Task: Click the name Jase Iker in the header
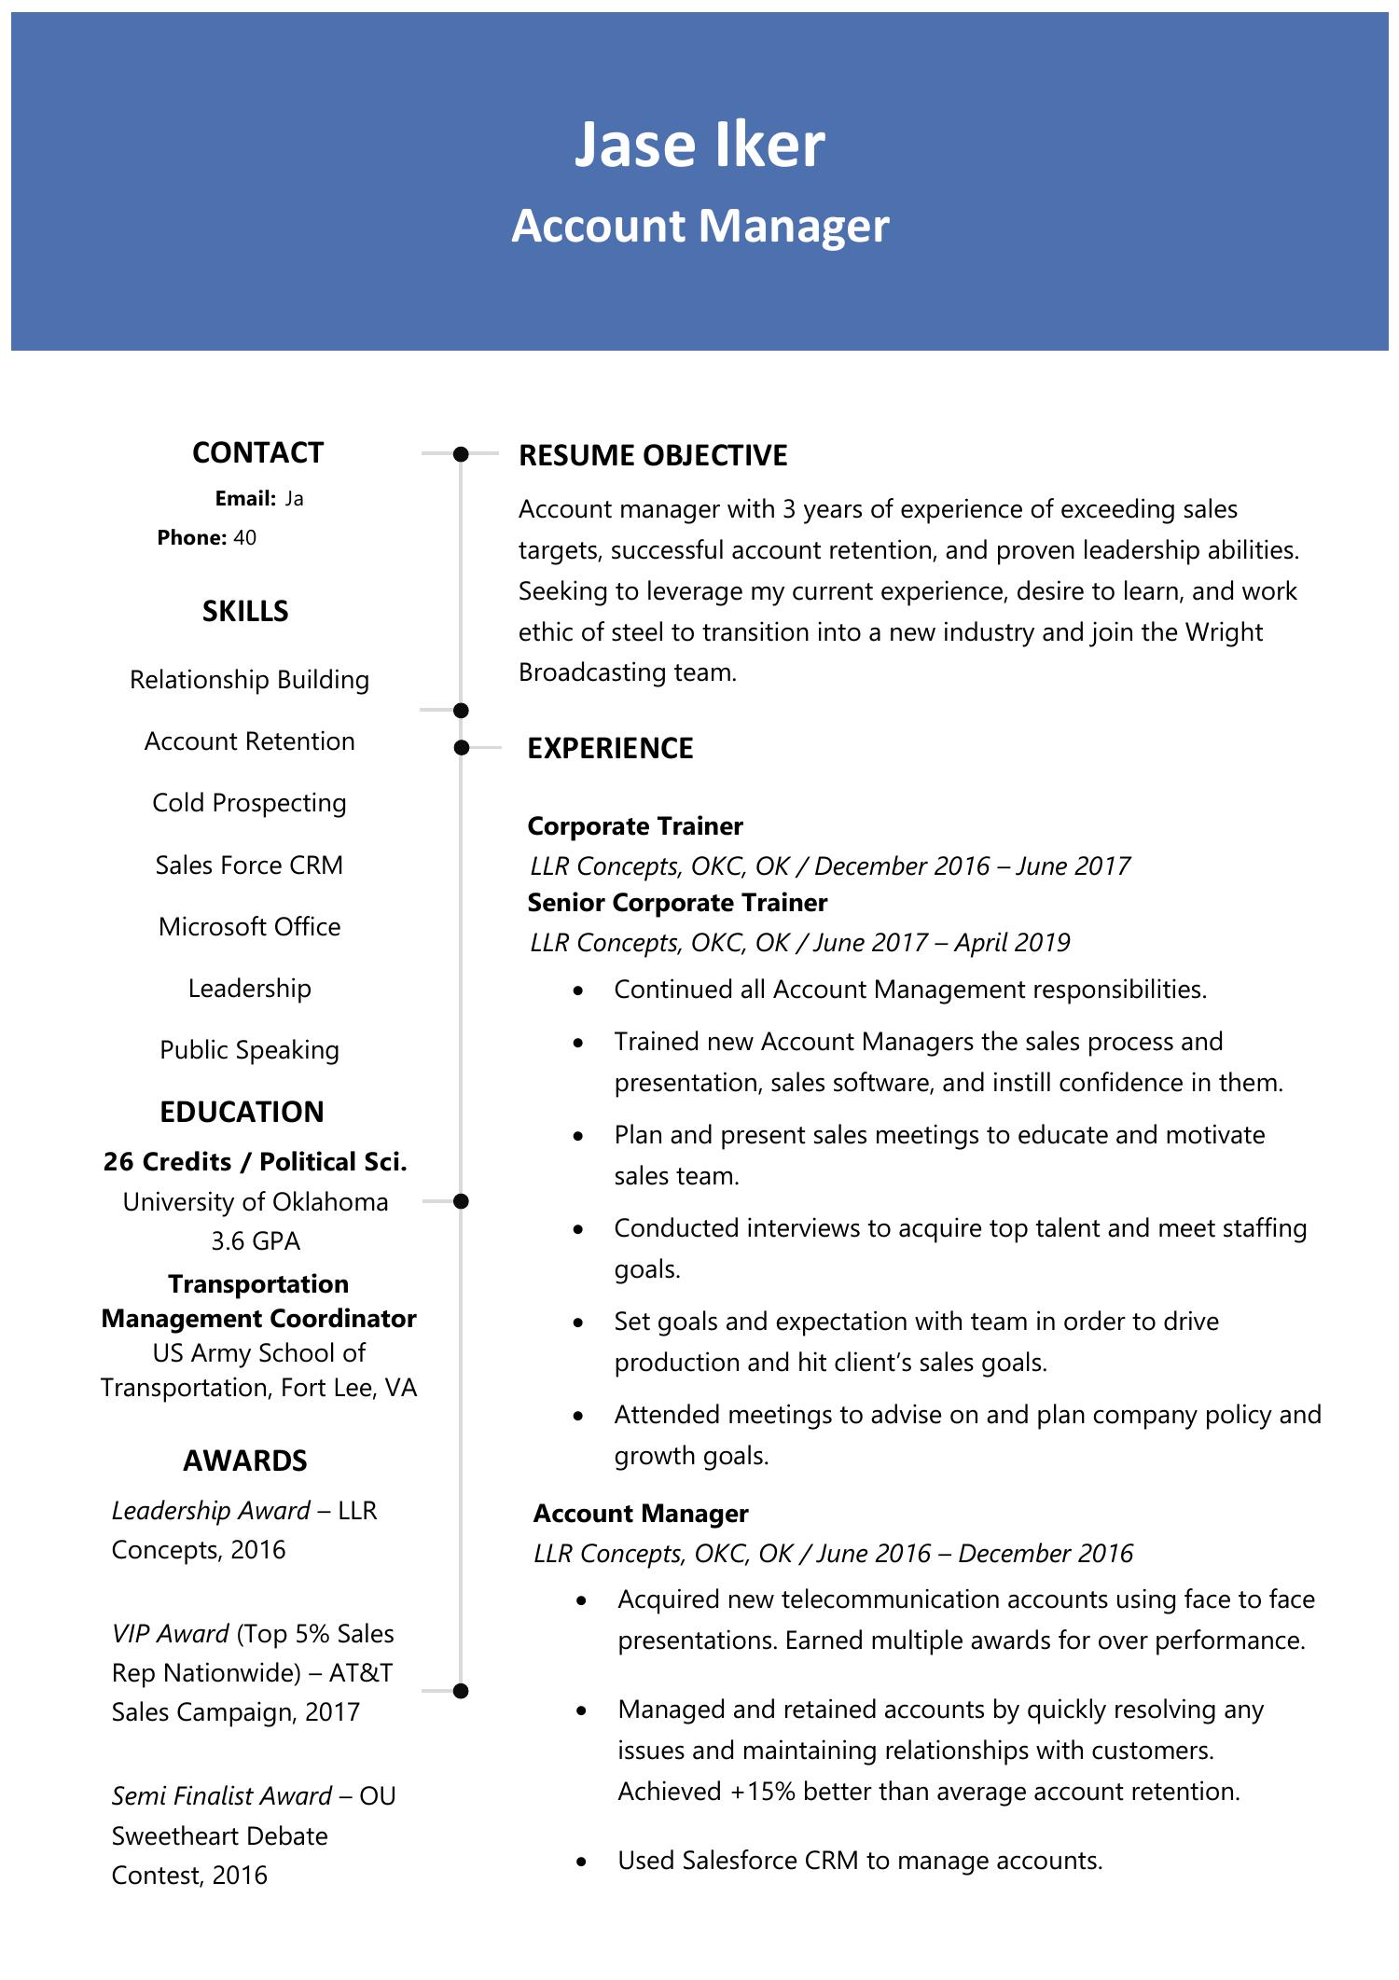(699, 145)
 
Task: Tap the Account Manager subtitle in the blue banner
(699, 227)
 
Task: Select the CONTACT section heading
(257, 452)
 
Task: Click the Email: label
(245, 499)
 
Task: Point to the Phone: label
(191, 538)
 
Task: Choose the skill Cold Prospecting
(249, 803)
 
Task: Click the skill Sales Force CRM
(249, 865)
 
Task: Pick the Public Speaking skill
(249, 1050)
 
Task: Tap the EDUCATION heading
(242, 1112)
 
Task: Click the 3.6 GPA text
(256, 1241)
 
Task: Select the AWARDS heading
(244, 1461)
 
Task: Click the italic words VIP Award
(170, 1634)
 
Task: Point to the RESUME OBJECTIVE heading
(653, 455)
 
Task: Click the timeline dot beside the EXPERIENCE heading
(460, 748)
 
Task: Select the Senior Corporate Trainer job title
(677, 903)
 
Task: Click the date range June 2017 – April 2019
(941, 943)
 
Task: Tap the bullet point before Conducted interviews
(579, 1230)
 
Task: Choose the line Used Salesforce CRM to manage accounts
(859, 1862)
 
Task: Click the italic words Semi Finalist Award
(221, 1796)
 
